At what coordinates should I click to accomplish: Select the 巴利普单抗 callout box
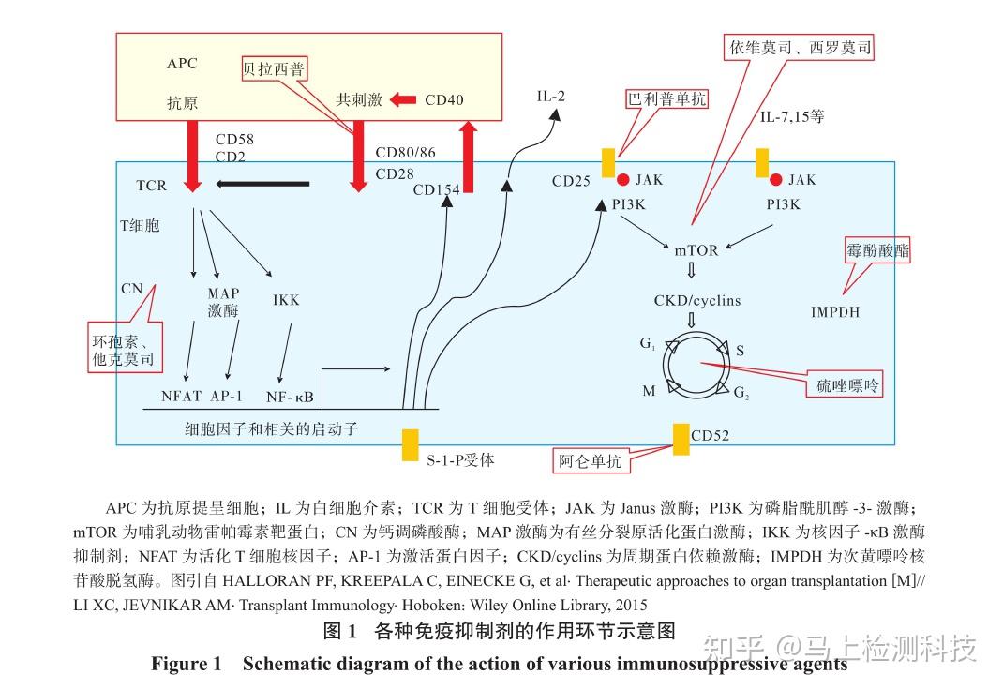[667, 98]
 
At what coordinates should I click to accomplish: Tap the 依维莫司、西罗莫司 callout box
[801, 47]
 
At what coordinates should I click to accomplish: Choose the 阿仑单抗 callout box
[590, 460]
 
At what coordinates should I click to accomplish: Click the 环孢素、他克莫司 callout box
[125, 347]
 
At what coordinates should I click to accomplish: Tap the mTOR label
[696, 250]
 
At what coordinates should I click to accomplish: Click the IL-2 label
[551, 97]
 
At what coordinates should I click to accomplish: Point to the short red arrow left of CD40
[403, 99]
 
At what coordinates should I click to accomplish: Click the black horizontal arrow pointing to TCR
[262, 184]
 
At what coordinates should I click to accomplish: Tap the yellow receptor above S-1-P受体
[410, 445]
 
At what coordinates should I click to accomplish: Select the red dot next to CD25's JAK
[622, 180]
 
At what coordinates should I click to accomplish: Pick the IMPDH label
[835, 311]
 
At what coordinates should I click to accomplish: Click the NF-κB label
[290, 396]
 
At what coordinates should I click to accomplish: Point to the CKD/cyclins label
[697, 300]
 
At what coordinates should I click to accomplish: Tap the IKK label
[286, 300]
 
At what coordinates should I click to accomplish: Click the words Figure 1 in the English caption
[187, 664]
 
